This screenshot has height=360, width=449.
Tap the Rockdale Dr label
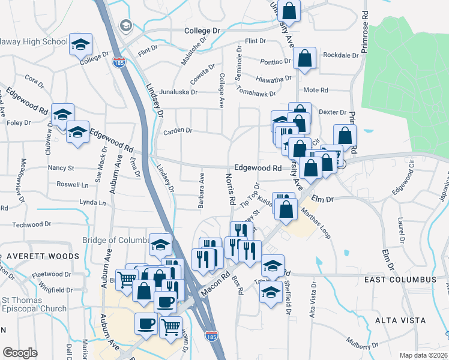(340, 55)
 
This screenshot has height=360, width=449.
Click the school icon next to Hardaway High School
(80, 45)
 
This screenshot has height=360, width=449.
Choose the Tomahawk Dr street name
(256, 94)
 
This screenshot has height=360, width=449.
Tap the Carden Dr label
(178, 130)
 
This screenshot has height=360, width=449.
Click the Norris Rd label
(229, 188)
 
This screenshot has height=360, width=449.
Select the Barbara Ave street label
(202, 191)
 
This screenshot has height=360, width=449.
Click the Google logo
(20, 352)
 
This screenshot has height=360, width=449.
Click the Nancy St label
(61, 168)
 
